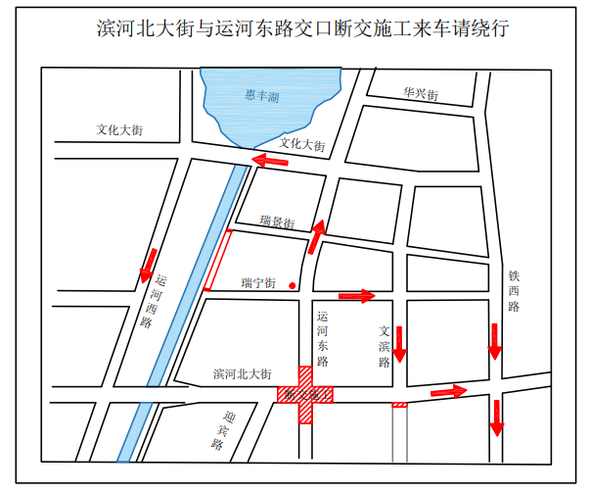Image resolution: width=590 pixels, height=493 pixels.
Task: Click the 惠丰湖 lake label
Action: click(x=262, y=96)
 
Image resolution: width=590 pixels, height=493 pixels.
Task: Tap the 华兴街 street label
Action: click(x=421, y=94)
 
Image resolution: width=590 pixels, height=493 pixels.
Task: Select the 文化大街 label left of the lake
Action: click(x=120, y=129)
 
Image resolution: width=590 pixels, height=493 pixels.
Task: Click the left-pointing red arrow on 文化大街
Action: click(x=270, y=160)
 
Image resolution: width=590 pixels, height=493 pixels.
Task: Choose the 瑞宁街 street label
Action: click(x=258, y=283)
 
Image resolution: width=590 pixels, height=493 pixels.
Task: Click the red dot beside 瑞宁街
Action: click(x=293, y=285)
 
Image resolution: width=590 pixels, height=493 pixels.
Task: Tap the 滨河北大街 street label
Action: click(x=241, y=374)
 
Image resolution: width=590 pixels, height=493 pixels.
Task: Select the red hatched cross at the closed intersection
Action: click(x=306, y=394)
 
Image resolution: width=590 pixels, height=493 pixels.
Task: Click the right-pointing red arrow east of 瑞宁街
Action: click(x=356, y=295)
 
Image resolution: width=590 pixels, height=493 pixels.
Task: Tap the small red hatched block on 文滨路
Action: click(x=399, y=404)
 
